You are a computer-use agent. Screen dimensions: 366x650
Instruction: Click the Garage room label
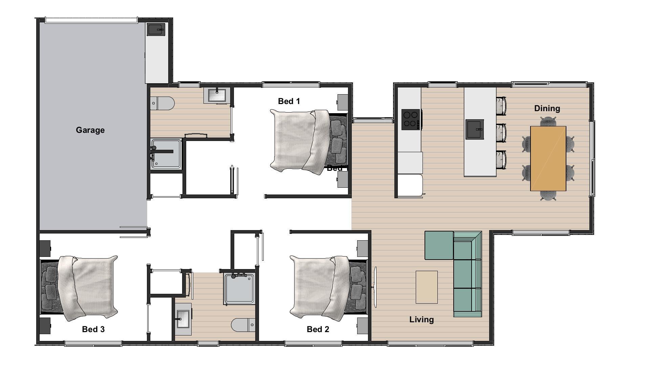coord(90,130)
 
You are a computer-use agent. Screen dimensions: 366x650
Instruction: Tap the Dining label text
coord(547,108)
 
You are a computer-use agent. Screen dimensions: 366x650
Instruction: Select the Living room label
coord(421,320)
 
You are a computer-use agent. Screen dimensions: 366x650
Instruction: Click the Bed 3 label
coord(93,329)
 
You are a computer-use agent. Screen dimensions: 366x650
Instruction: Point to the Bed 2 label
coord(318,329)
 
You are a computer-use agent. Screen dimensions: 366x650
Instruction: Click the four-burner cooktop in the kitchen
coord(411,119)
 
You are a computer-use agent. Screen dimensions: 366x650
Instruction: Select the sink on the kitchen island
coord(474,129)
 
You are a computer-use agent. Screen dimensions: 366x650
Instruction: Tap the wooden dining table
coord(548,158)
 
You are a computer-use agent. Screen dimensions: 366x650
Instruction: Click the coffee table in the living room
coord(426,287)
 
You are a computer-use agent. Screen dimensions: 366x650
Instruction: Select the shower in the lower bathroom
coord(239,288)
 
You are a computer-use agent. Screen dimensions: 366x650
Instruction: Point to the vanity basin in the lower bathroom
coord(183,319)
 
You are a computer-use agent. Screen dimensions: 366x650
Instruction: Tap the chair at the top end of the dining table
coord(548,121)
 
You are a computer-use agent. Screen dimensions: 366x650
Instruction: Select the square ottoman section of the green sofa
coord(439,245)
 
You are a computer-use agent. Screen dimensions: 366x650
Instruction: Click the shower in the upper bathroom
coord(166,154)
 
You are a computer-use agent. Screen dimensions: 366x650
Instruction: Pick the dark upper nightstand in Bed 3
coord(45,248)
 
